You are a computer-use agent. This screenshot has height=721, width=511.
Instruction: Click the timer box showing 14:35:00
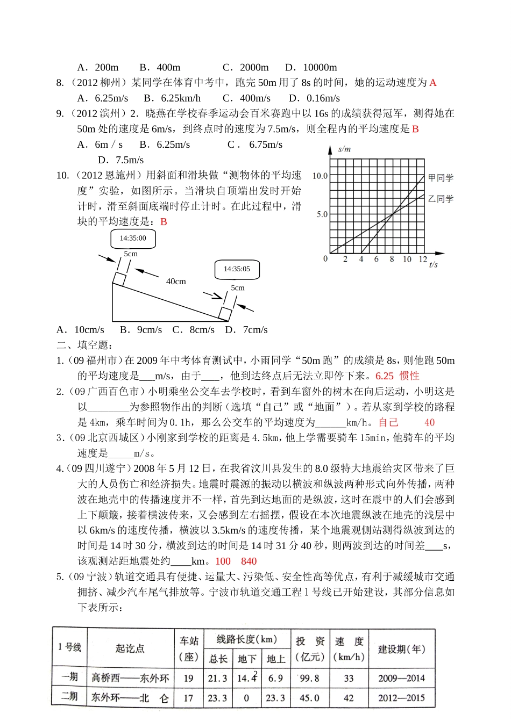click(x=133, y=238)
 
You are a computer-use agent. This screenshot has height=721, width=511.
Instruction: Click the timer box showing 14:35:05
click(x=237, y=269)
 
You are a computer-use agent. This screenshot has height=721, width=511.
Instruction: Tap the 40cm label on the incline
click(x=176, y=282)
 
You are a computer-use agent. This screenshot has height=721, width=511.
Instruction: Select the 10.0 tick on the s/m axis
click(x=320, y=176)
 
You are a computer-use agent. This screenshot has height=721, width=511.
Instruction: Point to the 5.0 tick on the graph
click(x=322, y=214)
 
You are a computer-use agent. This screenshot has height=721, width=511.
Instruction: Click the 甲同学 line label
click(x=441, y=178)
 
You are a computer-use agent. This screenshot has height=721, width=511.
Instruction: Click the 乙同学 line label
click(x=441, y=199)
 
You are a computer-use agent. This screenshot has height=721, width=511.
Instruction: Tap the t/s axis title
click(x=434, y=264)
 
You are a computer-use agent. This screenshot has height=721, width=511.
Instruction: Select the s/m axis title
click(x=344, y=149)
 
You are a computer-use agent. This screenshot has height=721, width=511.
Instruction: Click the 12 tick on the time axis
click(x=423, y=259)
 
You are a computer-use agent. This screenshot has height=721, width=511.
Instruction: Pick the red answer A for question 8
click(x=433, y=83)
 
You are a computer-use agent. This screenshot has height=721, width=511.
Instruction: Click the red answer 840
click(x=249, y=561)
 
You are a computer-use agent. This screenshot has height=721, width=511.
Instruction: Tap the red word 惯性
click(x=409, y=376)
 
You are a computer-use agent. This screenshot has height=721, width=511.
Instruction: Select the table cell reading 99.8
click(x=309, y=678)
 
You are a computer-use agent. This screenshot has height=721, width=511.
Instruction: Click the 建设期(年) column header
click(x=401, y=649)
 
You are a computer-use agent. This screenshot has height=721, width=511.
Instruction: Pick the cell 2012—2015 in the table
click(x=401, y=698)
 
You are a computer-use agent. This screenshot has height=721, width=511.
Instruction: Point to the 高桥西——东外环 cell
click(x=130, y=678)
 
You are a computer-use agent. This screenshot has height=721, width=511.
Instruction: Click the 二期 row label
click(x=69, y=697)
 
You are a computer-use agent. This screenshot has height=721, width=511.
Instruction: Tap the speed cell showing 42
click(x=349, y=698)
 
